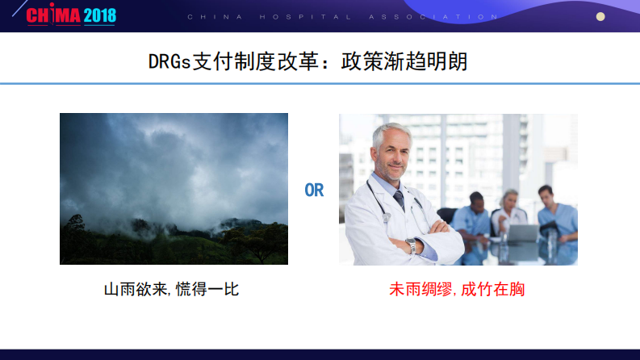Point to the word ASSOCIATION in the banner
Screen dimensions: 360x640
440,16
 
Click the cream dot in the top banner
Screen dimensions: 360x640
600,16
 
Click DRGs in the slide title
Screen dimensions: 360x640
170,62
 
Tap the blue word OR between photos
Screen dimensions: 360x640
313,191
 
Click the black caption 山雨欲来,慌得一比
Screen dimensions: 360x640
171,289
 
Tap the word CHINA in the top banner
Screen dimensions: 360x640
204,16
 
